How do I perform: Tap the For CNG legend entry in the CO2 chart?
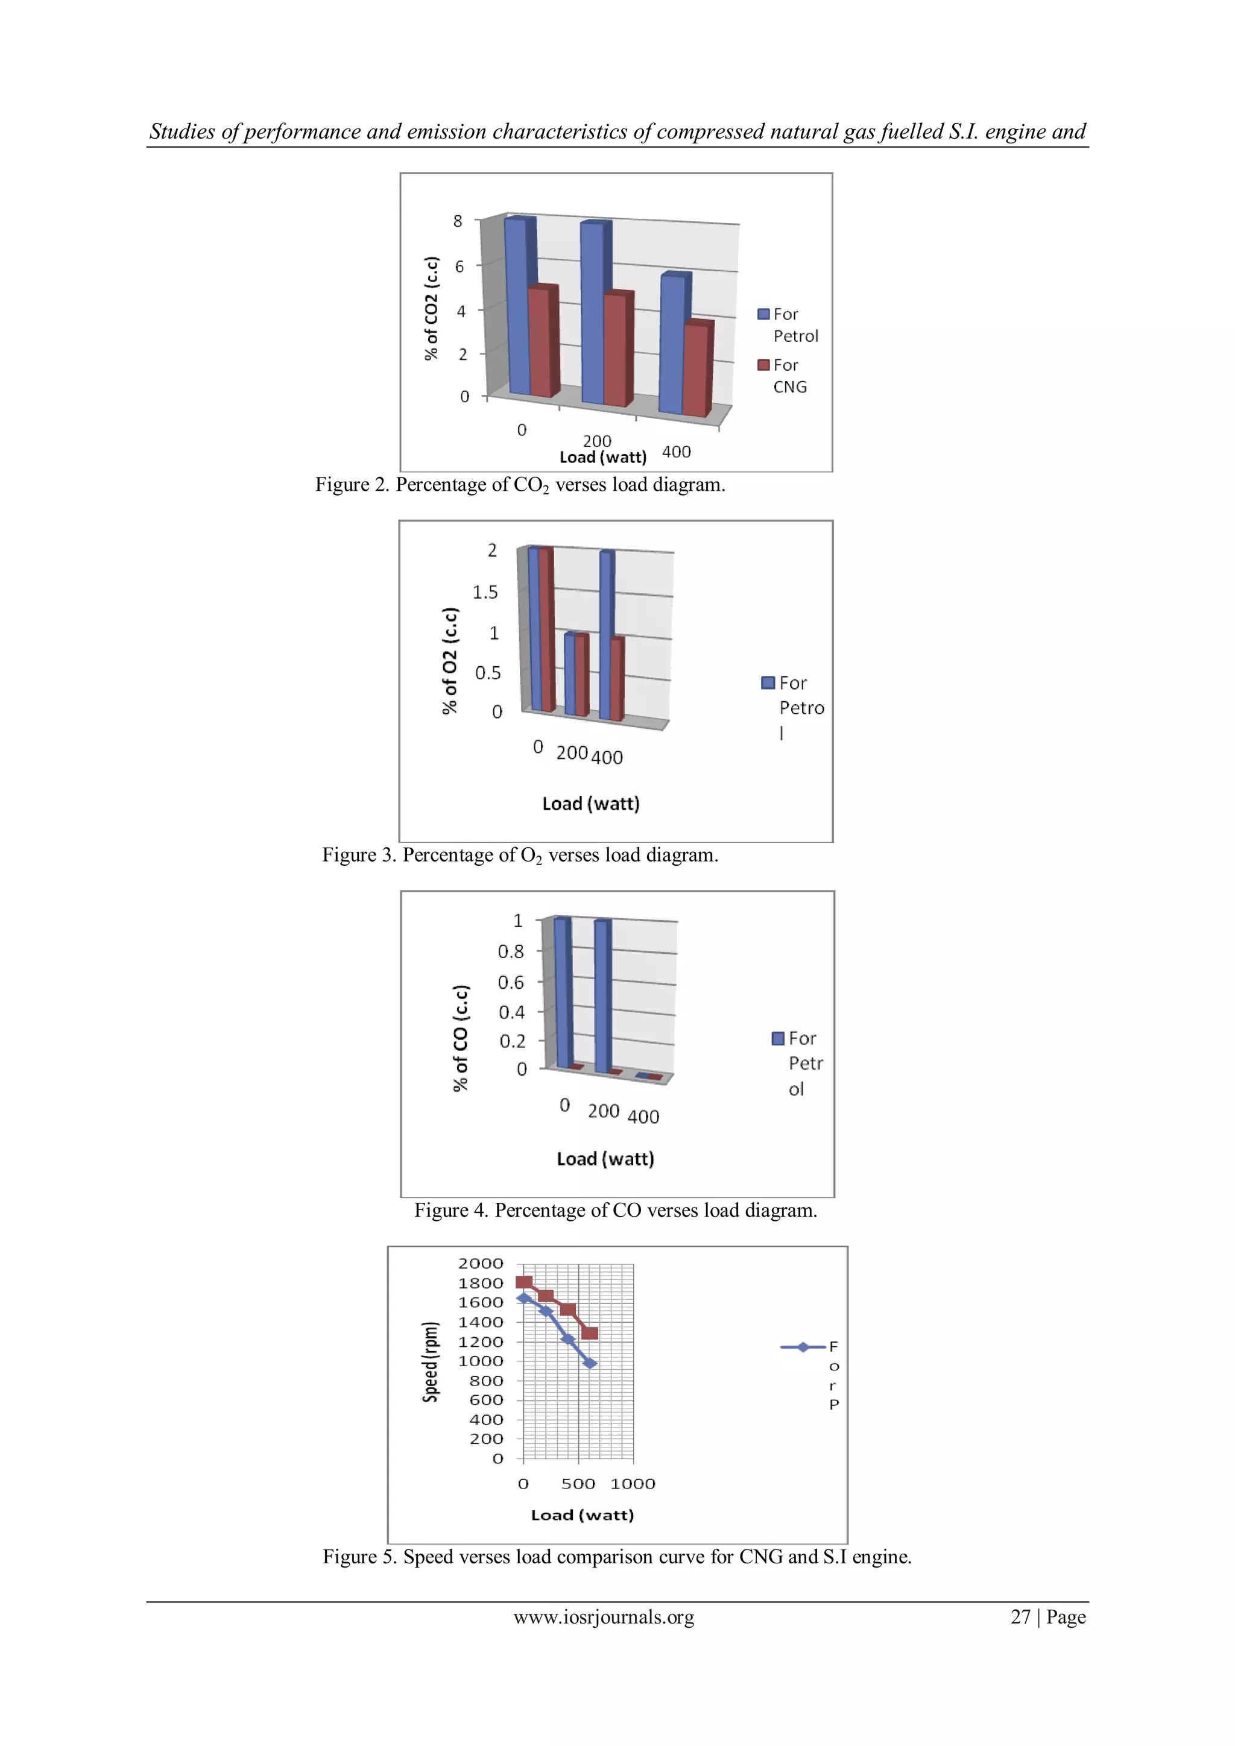pos(783,376)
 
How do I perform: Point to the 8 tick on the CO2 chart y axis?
pos(458,221)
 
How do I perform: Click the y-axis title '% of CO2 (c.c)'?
pos(432,308)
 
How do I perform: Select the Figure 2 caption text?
pos(520,485)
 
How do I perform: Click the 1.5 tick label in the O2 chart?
pos(485,593)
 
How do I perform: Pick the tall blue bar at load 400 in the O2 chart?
pos(606,635)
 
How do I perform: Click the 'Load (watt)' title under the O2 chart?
pos(591,804)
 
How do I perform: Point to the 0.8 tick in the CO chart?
pos(510,951)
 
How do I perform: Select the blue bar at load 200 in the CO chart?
pos(602,995)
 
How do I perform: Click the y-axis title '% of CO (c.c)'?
pos(461,1038)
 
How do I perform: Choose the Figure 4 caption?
pos(615,1211)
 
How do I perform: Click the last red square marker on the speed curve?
pos(589,1333)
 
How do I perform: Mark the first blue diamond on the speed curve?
pos(524,1298)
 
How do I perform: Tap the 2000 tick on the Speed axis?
pos(480,1264)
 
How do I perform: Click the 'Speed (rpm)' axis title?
pos(431,1361)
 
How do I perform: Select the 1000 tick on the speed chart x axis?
pos(633,1484)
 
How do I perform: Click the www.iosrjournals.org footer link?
pos(604,1617)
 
